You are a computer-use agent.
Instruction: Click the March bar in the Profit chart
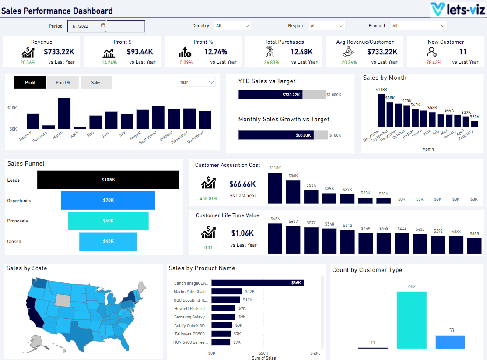64,113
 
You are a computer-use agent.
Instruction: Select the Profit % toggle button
63,82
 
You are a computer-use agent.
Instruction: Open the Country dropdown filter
233,26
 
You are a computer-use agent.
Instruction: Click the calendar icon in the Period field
103,25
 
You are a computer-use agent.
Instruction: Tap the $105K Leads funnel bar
108,180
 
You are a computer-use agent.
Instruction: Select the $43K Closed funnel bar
108,241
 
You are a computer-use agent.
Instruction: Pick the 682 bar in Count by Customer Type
412,320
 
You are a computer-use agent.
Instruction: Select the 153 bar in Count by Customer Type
450,342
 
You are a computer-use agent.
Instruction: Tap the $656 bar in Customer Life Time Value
275,238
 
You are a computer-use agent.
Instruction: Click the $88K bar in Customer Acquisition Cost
293,192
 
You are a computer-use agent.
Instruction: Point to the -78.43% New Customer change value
432,62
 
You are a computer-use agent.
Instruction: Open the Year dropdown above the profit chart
196,82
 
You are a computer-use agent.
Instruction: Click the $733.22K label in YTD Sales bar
291,95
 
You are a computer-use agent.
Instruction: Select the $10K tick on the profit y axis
12,108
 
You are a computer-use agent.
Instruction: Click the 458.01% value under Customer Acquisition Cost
208,198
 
